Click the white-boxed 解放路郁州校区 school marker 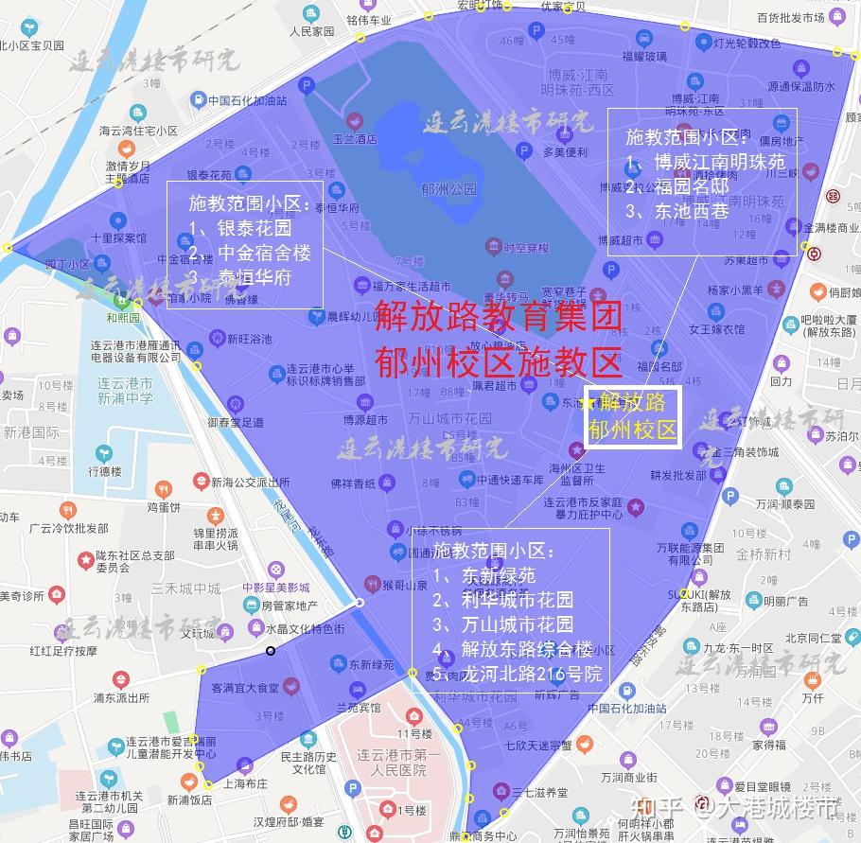[x=633, y=416]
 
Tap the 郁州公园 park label [x=450, y=189]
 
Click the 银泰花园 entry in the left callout [x=254, y=228]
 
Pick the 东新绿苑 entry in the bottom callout [x=498, y=575]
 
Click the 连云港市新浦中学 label [x=124, y=391]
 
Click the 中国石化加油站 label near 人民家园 [x=247, y=98]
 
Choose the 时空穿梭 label [x=526, y=248]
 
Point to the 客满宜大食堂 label [x=245, y=688]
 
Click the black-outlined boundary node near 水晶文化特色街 [x=271, y=650]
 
